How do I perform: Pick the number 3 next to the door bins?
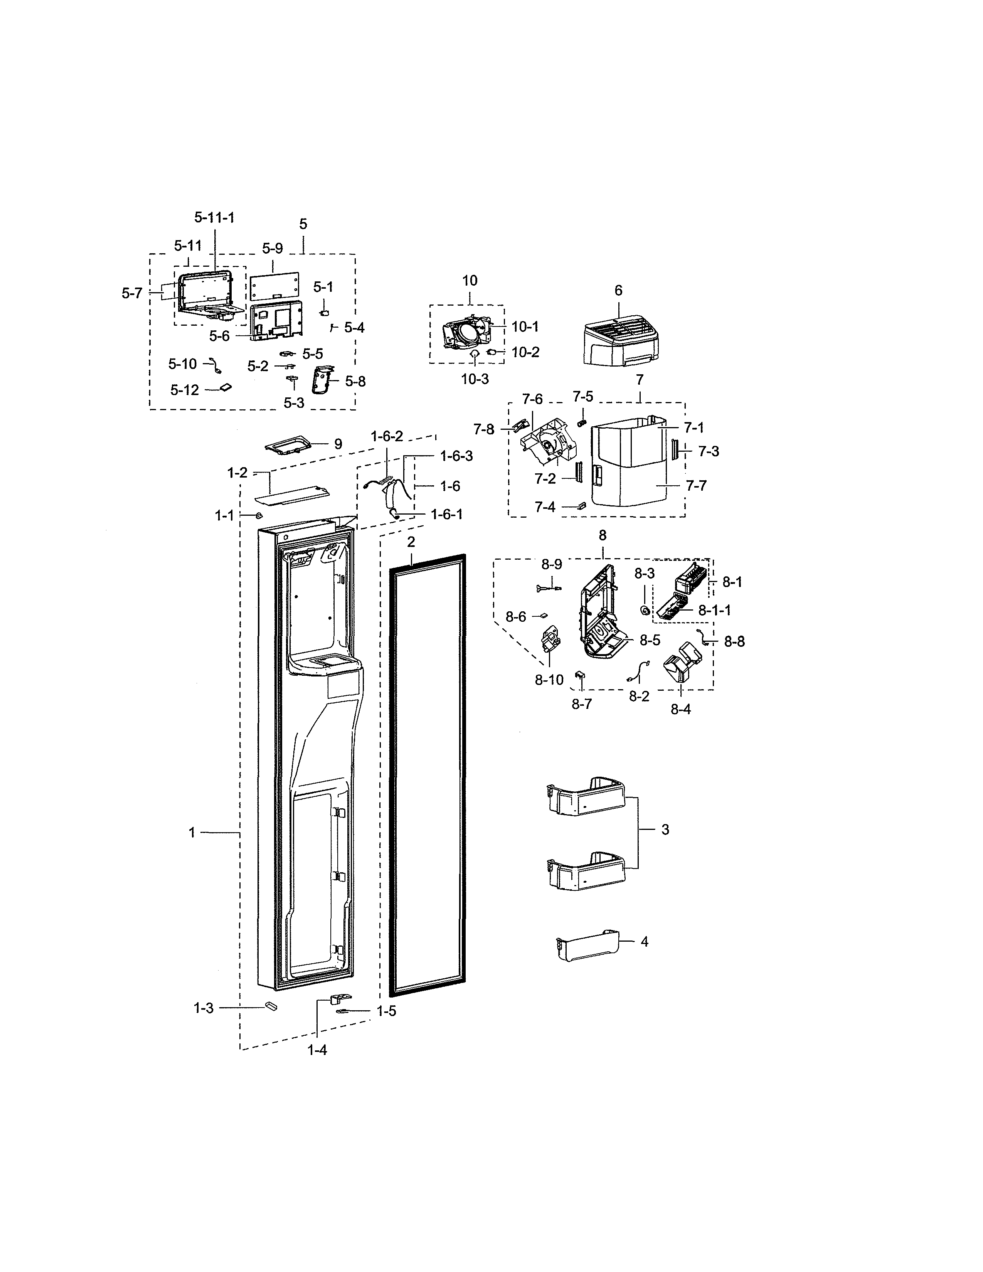pyautogui.click(x=665, y=829)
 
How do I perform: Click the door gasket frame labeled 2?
pyautogui.click(x=428, y=775)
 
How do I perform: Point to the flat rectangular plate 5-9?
pyautogui.click(x=276, y=286)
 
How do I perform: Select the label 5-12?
pyautogui.click(x=185, y=390)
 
